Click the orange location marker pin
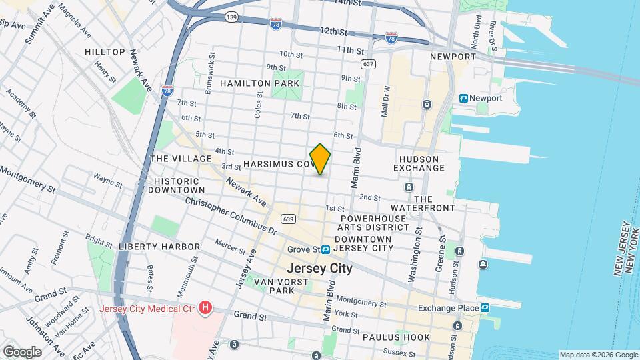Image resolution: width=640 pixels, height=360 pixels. (x=320, y=159)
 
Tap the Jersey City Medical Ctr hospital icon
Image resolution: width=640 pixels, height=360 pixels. (x=206, y=308)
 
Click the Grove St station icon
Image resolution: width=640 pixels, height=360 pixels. (x=326, y=249)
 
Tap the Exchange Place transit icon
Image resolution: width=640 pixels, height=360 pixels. (x=485, y=308)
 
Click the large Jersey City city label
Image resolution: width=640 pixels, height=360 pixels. (x=319, y=269)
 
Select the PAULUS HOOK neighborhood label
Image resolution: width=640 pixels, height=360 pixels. (x=396, y=337)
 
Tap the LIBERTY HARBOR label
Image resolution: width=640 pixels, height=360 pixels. (x=159, y=247)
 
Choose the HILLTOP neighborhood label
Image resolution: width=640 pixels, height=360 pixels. (x=105, y=52)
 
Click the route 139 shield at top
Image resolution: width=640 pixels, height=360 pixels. (x=231, y=17)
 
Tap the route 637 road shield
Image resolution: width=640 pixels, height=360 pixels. (x=367, y=64)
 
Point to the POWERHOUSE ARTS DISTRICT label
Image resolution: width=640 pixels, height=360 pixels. (x=373, y=223)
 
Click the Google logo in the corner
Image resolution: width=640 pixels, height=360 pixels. (x=22, y=351)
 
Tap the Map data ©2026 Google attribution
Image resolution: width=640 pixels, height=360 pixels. (x=598, y=355)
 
